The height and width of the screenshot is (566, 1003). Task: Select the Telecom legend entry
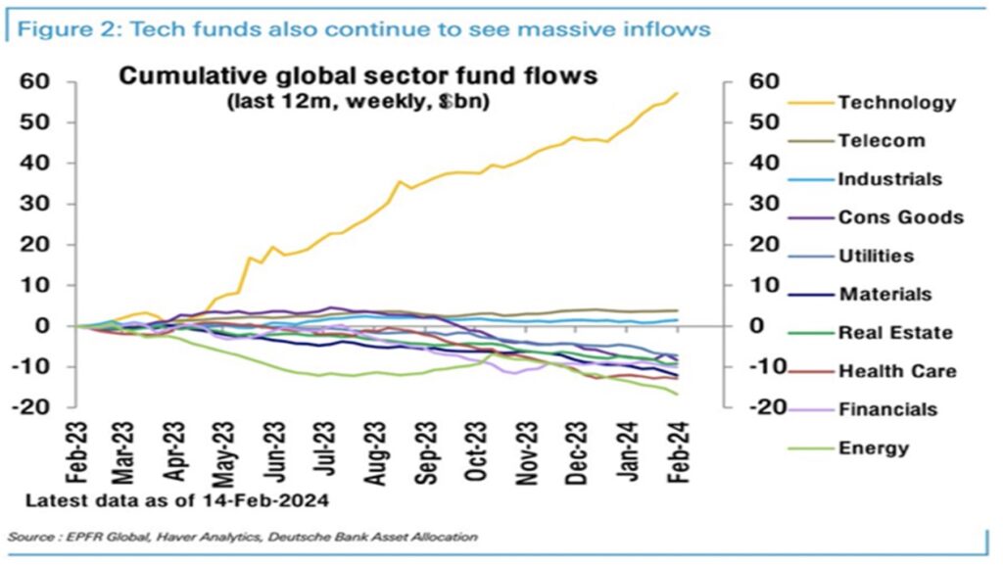[x=881, y=140]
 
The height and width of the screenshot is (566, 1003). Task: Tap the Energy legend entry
[x=874, y=448]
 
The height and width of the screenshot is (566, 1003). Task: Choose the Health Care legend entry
[x=897, y=371]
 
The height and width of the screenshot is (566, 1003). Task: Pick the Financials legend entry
[x=887, y=409]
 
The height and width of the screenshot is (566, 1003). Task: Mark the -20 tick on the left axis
[x=35, y=407]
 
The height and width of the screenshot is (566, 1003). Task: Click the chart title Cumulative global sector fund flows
[x=358, y=76]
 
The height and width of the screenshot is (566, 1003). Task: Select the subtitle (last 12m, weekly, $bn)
[x=358, y=101]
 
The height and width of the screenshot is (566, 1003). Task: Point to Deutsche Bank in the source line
[x=331, y=537]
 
